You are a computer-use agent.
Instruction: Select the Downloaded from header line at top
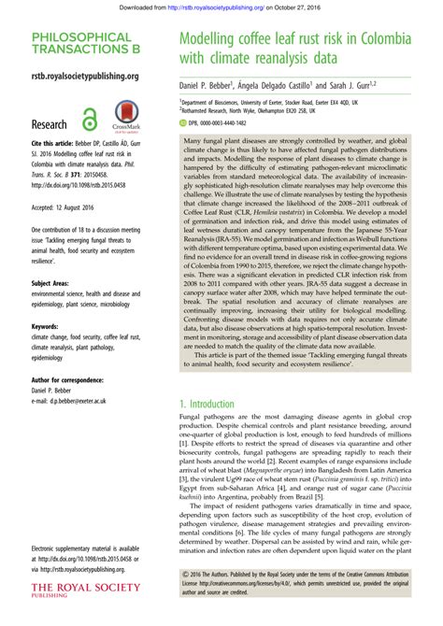[221, 6]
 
